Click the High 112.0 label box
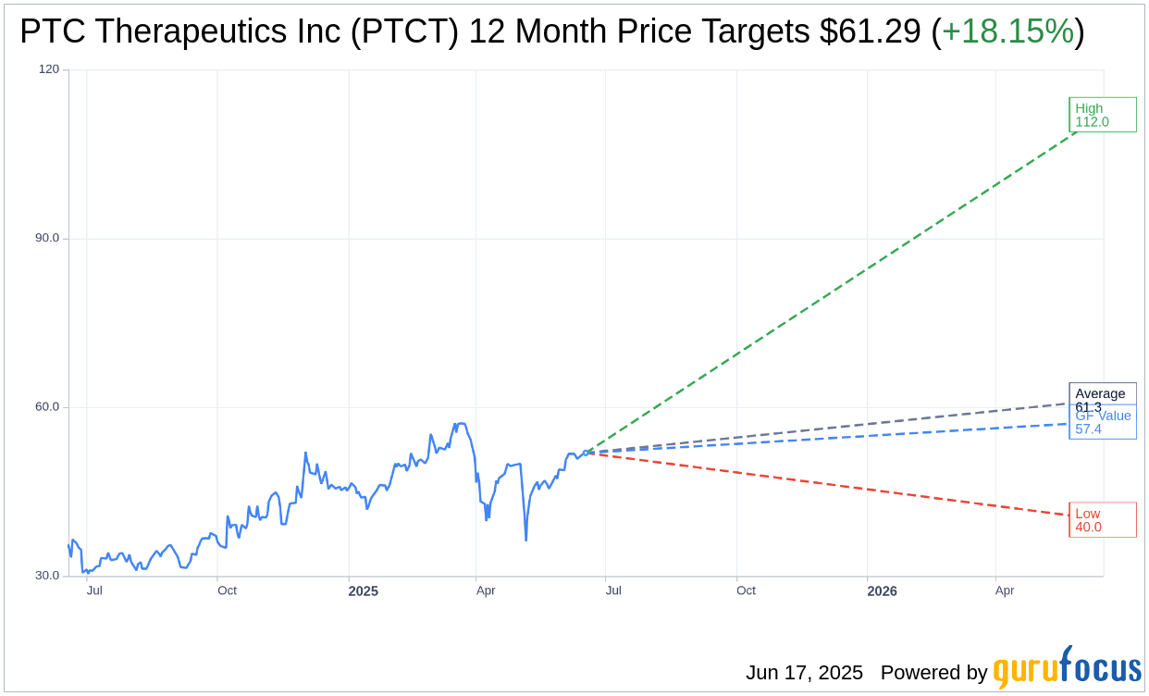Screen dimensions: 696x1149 pos(1102,115)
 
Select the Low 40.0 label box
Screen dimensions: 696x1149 pos(1102,520)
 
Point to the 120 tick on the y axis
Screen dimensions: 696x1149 pos(49,69)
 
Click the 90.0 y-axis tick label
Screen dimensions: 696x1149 pos(47,238)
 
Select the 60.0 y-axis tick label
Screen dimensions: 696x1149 pos(47,407)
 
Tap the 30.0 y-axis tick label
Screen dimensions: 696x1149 pos(47,576)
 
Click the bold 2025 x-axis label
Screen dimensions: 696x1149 pos(363,591)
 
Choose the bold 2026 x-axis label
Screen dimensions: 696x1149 pos(882,591)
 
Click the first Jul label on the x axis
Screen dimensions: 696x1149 pos(94,590)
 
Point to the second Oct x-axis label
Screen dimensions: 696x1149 pos(746,590)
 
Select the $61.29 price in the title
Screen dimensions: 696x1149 pos(870,32)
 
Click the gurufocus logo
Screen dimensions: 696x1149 pos(1067,668)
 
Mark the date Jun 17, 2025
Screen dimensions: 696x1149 pos(804,673)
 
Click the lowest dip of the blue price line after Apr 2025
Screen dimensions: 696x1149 pos(525,541)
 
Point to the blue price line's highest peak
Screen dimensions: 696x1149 pos(456,424)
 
